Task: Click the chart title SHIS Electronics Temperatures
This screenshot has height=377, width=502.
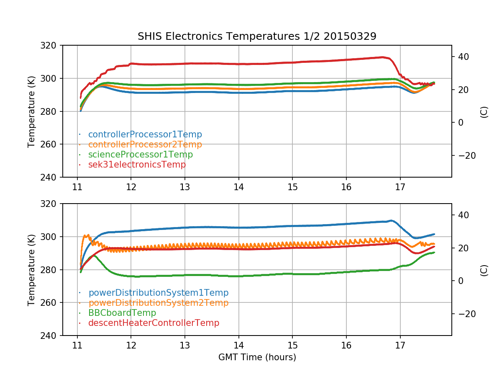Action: [x=257, y=36]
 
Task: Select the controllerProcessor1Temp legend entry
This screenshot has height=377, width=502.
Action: [x=145, y=134]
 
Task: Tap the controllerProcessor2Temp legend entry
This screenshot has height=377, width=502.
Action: [x=145, y=145]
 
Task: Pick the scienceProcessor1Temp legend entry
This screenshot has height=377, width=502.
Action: [x=140, y=155]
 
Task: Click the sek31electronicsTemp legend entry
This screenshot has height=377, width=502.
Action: [x=137, y=165]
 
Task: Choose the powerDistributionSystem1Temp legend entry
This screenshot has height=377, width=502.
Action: [x=158, y=293]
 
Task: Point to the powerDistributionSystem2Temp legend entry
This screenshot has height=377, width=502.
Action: [x=158, y=302]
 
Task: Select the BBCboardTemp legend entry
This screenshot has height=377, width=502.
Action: [x=122, y=313]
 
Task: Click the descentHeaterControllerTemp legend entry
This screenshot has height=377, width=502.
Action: [x=154, y=323]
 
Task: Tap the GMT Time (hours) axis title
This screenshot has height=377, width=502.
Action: [x=257, y=357]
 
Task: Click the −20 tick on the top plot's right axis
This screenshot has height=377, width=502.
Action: [x=465, y=155]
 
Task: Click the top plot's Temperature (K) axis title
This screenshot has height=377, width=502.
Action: [x=31, y=111]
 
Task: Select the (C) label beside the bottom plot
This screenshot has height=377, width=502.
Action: [x=484, y=270]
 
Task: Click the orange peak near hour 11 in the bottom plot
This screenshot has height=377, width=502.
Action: [x=87, y=235]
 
